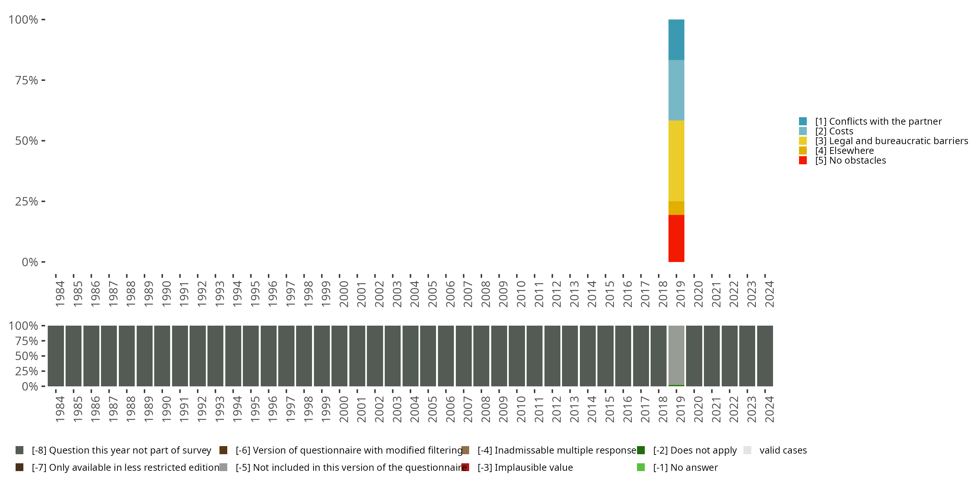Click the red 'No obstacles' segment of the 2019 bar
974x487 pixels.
[676, 238]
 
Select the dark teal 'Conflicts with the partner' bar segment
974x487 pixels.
[676, 40]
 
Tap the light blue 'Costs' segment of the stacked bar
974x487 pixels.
[676, 90]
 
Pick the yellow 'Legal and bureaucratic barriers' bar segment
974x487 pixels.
[676, 161]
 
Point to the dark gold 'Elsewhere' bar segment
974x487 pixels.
[676, 208]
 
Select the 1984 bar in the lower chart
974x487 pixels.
[56, 356]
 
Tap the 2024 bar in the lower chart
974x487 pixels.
[765, 356]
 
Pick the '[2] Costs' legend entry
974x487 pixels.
[834, 131]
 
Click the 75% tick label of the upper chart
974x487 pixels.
[27, 80]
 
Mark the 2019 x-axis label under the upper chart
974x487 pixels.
[680, 294]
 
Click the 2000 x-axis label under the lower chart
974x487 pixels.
[343, 409]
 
